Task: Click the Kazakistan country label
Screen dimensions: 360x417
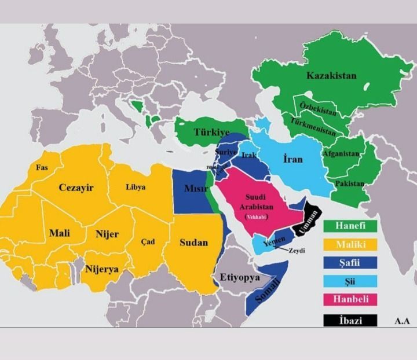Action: [x=331, y=76]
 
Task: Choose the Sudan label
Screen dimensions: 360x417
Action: [x=193, y=243]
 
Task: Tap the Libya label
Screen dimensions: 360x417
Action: [x=136, y=187]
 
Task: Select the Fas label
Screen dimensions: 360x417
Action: [x=42, y=168]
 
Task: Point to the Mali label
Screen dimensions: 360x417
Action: [x=59, y=233]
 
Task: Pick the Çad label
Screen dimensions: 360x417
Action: [x=148, y=242]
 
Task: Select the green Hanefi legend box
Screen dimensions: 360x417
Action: [x=350, y=225]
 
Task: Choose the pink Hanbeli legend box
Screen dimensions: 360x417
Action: [x=350, y=299]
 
